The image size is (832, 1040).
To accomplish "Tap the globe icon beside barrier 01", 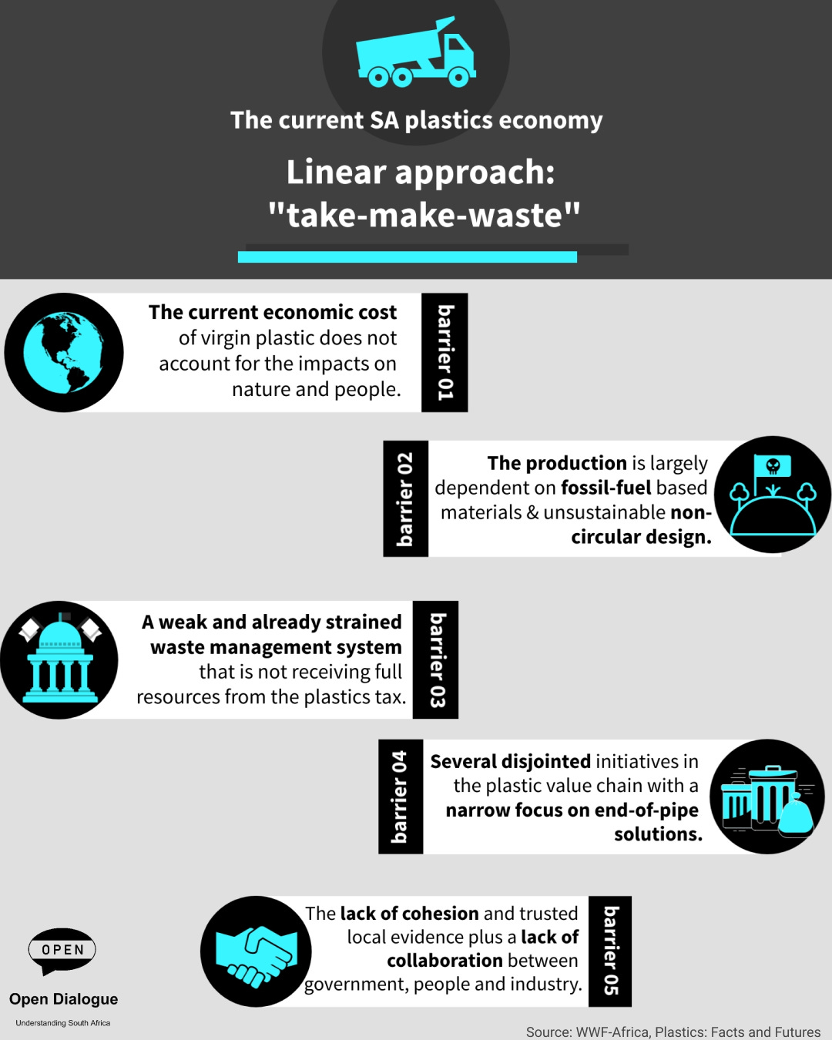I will click(64, 353).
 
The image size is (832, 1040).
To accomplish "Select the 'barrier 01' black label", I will click(445, 353).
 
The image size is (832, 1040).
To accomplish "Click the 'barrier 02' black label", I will click(405, 498).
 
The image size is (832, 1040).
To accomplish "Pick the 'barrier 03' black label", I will click(436, 660).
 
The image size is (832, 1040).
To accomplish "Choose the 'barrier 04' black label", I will click(401, 797).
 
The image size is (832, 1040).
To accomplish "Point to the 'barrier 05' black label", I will click(610, 951).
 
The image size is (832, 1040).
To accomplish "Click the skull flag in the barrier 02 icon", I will click(773, 466).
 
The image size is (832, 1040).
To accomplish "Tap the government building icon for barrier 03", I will click(59, 660).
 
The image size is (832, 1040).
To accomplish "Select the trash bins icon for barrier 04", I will click(767, 797).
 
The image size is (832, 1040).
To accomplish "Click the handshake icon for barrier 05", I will click(256, 951).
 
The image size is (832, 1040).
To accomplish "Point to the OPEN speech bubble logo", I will click(62, 950).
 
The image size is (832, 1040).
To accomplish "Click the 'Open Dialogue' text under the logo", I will click(64, 999).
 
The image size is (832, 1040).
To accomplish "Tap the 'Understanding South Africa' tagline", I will click(63, 1023).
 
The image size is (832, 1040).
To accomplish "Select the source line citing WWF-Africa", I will click(673, 1032).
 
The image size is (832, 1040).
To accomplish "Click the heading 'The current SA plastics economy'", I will click(416, 120).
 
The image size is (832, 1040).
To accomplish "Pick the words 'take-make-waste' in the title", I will click(424, 215).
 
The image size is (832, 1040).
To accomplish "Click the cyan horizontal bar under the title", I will click(407, 257).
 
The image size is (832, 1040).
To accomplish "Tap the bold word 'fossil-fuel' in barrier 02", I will click(606, 488).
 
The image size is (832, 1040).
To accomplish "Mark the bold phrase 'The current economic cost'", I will click(273, 312).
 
